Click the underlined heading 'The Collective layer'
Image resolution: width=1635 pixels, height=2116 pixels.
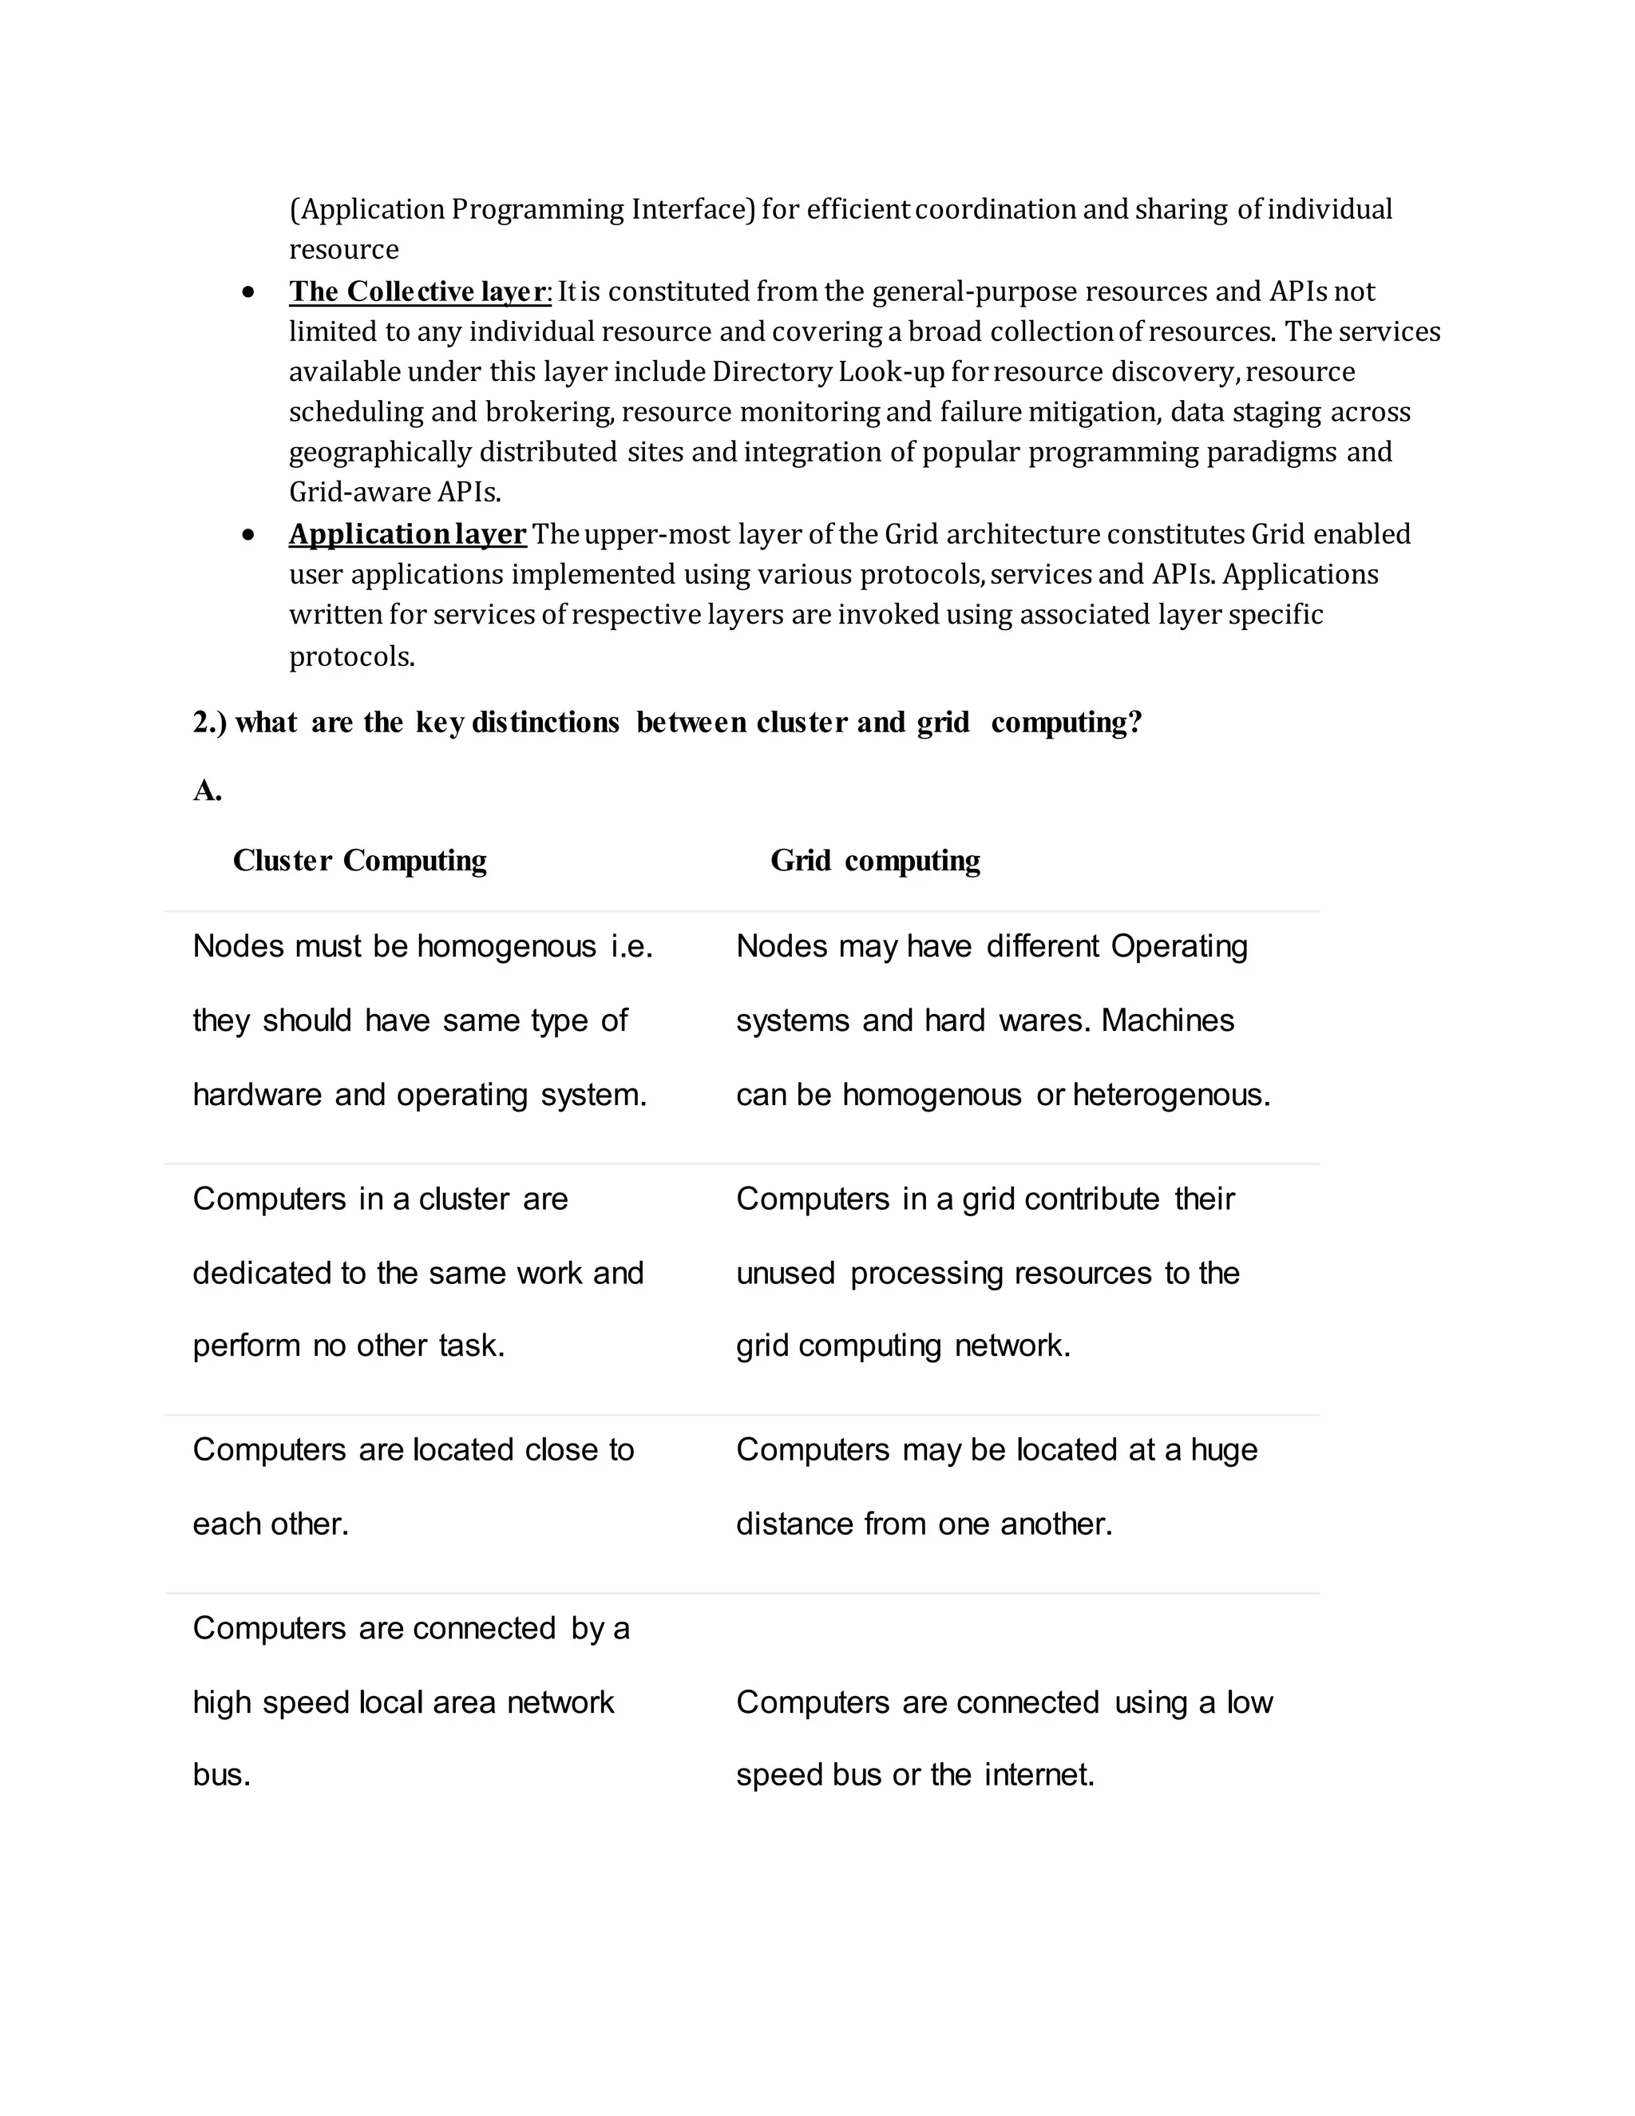(x=418, y=291)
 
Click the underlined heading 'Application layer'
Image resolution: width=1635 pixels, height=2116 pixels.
(x=407, y=534)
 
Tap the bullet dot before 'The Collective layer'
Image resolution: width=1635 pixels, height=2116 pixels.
(x=249, y=291)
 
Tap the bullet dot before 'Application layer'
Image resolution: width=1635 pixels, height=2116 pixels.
(x=249, y=535)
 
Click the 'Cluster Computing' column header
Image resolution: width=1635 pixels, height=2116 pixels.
(x=359, y=860)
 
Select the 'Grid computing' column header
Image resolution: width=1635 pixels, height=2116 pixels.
(x=875, y=860)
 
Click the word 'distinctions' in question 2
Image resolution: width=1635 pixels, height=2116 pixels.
(x=544, y=723)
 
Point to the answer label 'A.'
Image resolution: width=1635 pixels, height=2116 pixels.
(x=208, y=791)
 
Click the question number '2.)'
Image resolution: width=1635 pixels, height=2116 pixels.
(x=209, y=723)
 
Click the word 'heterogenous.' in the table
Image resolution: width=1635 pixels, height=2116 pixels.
(x=1170, y=1095)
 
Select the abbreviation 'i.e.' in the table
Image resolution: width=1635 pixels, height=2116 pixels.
(x=631, y=946)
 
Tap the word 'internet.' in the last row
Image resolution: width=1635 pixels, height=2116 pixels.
(x=1039, y=1775)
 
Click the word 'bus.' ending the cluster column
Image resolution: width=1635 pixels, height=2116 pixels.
(x=222, y=1775)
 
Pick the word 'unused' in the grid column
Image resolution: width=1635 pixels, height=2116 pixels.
(x=785, y=1273)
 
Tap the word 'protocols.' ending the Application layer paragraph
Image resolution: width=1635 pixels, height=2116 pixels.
(x=351, y=657)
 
